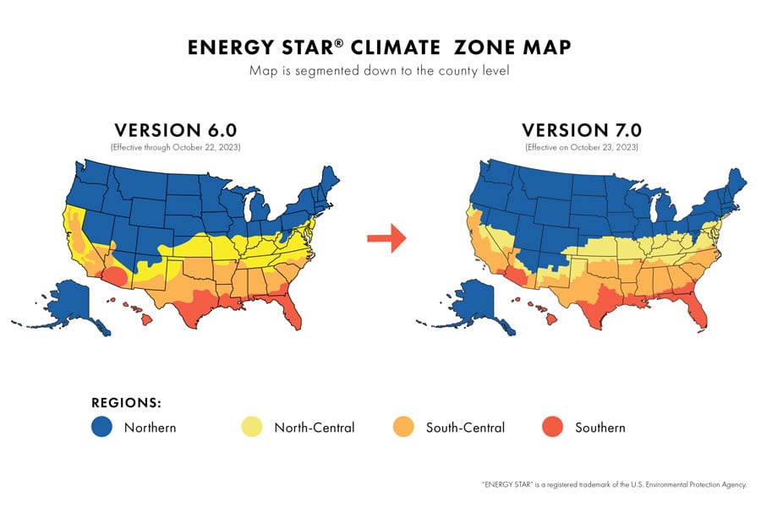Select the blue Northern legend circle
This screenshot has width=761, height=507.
coord(102,428)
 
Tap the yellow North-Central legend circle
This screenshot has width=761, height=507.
coord(252,428)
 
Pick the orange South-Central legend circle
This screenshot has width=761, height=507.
coord(404,428)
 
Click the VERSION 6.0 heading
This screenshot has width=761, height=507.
coord(175,130)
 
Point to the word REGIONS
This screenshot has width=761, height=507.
coord(126,402)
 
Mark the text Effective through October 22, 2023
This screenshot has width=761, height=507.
coord(175,147)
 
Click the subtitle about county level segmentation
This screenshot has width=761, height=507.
coord(380,70)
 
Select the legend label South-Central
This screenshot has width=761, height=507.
coord(465,428)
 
